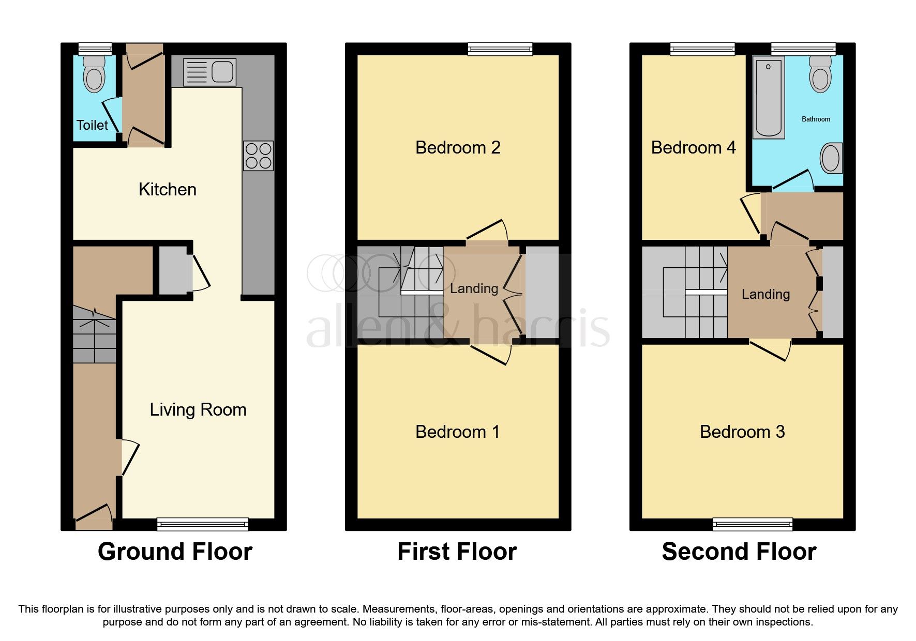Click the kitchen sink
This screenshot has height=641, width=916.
(x=209, y=72)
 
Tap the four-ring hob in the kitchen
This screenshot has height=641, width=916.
(x=258, y=156)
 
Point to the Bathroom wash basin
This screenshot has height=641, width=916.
(x=831, y=158)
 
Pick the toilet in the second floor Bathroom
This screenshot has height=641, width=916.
(x=821, y=74)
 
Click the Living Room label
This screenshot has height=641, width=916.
(x=198, y=410)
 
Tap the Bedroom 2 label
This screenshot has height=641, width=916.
(x=458, y=148)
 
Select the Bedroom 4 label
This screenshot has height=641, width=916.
(x=693, y=148)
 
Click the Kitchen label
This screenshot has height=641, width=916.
(x=168, y=190)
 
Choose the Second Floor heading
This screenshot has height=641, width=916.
(x=739, y=552)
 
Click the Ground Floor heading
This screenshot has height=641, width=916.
(x=175, y=552)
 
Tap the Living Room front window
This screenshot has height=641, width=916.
(x=203, y=524)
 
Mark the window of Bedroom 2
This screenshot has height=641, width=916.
(x=500, y=49)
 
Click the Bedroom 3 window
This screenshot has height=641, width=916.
(x=753, y=524)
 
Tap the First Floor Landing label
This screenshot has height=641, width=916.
(x=474, y=288)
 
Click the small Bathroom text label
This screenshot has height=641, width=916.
(x=816, y=119)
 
